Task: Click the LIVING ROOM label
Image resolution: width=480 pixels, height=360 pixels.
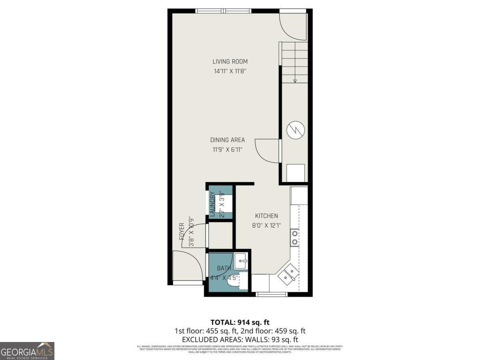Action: pos(230,62)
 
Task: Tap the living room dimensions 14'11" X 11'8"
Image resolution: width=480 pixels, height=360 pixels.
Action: pos(230,71)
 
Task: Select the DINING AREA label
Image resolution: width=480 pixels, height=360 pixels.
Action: pos(227,140)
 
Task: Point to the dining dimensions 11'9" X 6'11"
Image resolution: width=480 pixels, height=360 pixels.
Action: pos(227,150)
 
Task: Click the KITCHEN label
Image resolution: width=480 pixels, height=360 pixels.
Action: pos(266,216)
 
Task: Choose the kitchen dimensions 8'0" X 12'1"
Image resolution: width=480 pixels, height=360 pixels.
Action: pos(266,225)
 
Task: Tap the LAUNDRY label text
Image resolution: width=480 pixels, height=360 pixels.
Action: pos(213,204)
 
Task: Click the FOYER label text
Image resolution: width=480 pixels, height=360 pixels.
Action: pos(182,231)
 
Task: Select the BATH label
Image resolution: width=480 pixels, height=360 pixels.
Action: pos(224,268)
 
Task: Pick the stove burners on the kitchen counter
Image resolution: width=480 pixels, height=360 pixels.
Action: pos(294,237)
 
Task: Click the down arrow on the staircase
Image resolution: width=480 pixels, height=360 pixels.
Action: pos(295,81)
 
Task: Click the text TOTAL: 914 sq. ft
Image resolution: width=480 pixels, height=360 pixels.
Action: pos(240,322)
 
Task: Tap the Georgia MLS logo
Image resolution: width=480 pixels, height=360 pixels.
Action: pos(27,351)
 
